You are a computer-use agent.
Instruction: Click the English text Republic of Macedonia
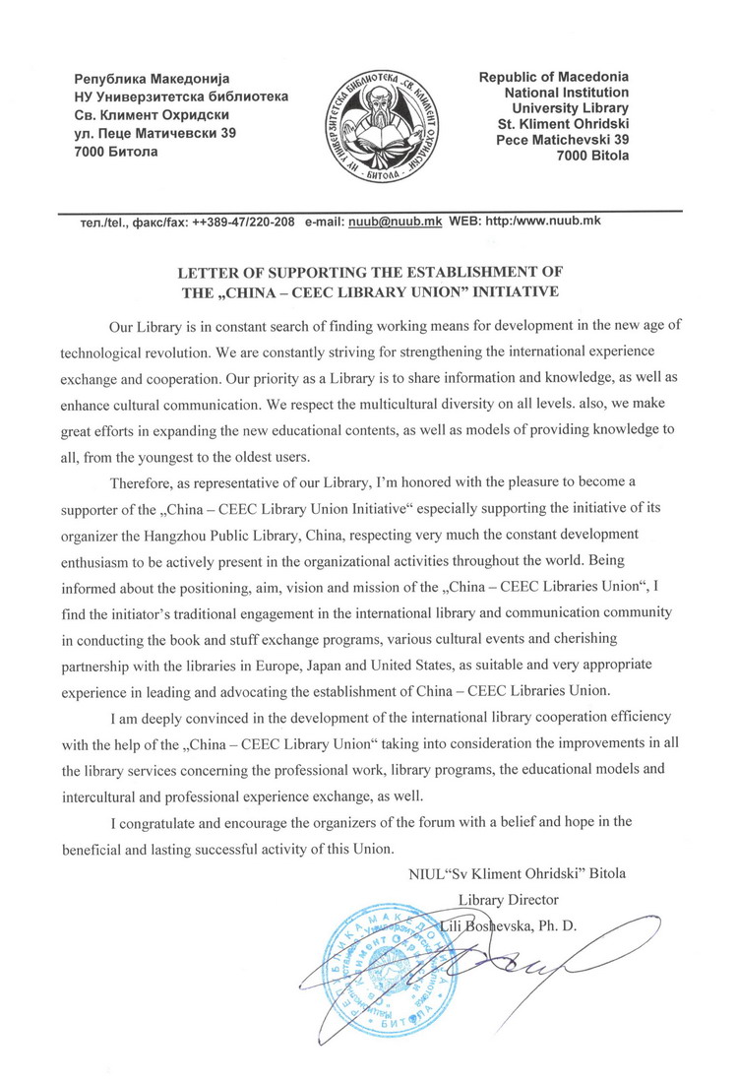point(553,77)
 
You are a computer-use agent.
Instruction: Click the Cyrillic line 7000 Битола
point(115,153)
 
